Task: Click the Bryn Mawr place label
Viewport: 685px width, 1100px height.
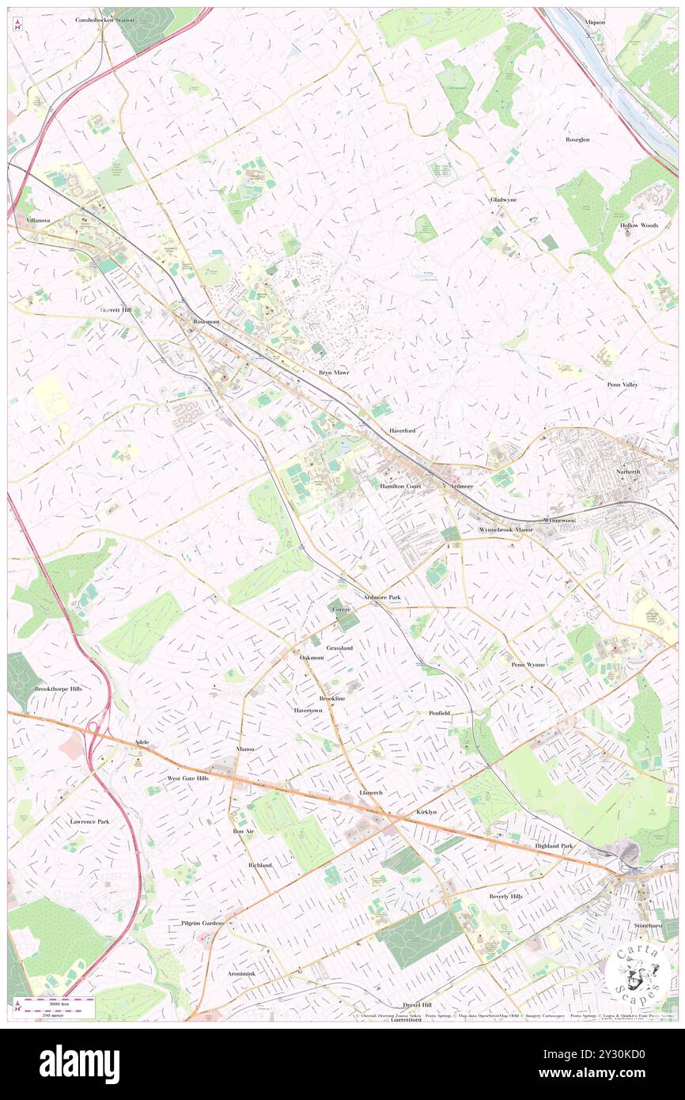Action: pos(333,371)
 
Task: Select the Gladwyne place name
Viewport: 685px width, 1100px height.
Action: pos(503,199)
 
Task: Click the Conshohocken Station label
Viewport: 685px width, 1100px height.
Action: pos(105,19)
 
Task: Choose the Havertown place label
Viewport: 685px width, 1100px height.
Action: pos(308,711)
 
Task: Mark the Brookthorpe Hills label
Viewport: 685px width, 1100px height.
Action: pos(58,688)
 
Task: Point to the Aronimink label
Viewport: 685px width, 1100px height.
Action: pos(241,973)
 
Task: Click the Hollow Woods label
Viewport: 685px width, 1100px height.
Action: pos(639,226)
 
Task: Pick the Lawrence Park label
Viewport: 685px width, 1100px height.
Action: pos(89,821)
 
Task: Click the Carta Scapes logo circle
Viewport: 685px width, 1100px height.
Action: pos(640,973)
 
